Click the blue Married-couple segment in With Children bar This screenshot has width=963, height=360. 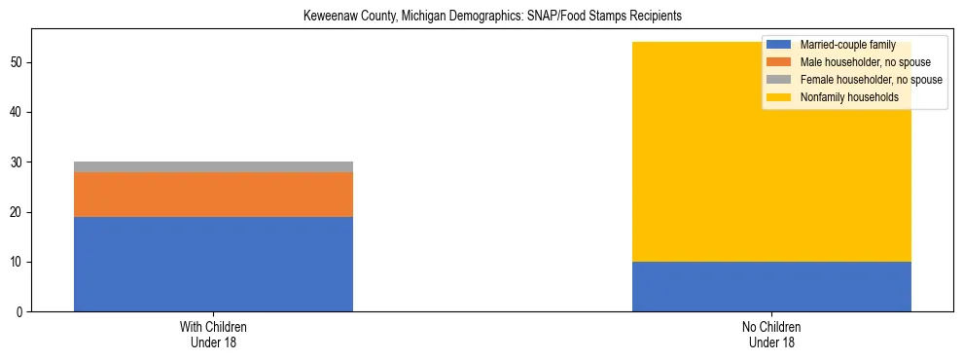click(x=213, y=264)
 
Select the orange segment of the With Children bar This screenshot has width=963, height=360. click(x=213, y=195)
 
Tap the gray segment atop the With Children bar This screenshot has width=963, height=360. click(x=213, y=166)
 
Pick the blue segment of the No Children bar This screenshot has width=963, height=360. click(x=771, y=286)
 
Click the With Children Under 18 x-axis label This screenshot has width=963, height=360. click(x=213, y=334)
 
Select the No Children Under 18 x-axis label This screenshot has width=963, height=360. click(x=771, y=334)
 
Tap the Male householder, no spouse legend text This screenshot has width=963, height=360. click(x=858, y=62)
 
